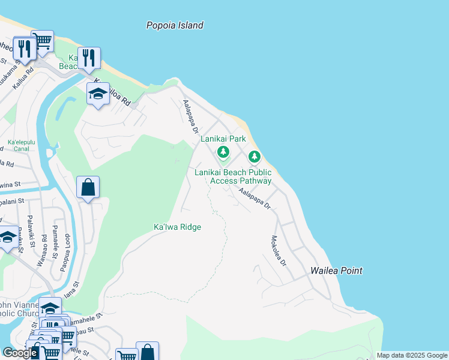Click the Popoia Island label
[175, 25]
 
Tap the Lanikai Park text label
[223, 139]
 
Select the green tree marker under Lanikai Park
[223, 152]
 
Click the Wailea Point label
[336, 271]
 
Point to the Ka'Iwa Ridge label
[177, 227]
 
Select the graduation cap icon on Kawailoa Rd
[98, 94]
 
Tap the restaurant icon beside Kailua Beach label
[88, 58]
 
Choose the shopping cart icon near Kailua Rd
[42, 41]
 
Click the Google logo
[19, 352]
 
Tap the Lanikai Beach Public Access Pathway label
[233, 176]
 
